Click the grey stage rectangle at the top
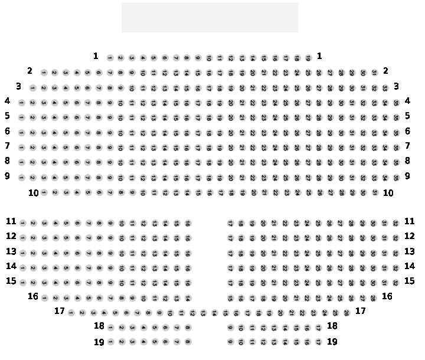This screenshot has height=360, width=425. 210,18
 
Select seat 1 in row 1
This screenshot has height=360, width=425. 110,58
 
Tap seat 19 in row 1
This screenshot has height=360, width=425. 308,58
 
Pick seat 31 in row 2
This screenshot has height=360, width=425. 374,73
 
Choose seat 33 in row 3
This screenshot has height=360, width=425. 385,88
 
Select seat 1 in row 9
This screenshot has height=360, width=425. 21,177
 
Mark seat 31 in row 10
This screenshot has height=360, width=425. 374,192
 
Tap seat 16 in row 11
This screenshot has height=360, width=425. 187,223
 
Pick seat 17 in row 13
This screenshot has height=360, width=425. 230,253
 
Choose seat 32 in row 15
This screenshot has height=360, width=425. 395,282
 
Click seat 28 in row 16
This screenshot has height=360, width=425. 373,297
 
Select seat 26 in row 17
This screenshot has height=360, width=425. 346,313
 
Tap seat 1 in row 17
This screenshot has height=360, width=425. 71,313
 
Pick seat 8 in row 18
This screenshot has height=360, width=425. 187,327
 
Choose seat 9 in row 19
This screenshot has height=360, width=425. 230,342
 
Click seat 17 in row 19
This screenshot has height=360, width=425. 318,342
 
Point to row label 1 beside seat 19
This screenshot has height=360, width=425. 319,56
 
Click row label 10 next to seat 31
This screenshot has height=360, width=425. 388,192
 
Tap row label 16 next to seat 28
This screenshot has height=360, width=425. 387,296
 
